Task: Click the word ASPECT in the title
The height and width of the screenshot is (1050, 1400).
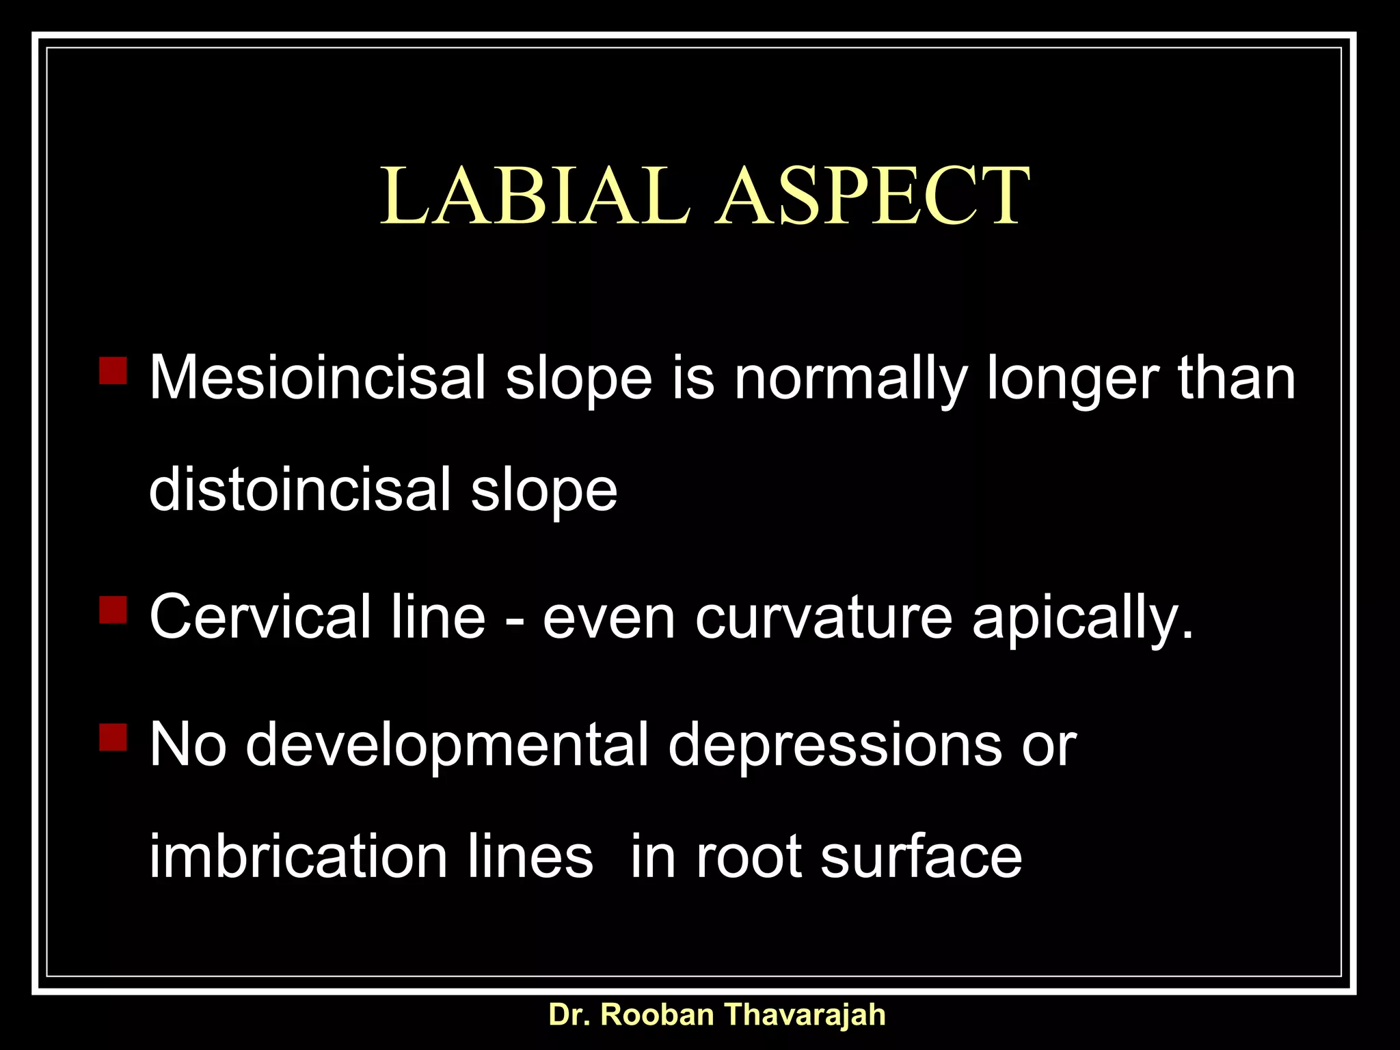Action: (872, 196)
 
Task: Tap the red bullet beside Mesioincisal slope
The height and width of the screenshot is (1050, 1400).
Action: (113, 370)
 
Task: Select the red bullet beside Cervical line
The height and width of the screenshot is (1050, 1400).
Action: (113, 609)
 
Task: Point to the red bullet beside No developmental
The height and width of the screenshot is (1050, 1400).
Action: (113, 737)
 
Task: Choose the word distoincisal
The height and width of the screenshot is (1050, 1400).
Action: (299, 489)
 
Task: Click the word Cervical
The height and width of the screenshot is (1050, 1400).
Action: (260, 617)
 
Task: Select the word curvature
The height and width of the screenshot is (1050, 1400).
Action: (824, 617)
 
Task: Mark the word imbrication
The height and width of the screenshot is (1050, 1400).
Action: (298, 857)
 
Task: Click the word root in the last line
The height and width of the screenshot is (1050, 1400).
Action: (749, 858)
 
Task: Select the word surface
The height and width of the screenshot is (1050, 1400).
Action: (921, 857)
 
